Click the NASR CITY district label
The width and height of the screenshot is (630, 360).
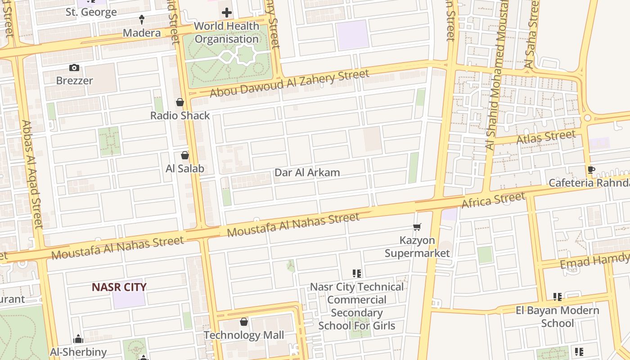tap(119, 287)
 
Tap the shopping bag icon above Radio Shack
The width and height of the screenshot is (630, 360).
tap(180, 103)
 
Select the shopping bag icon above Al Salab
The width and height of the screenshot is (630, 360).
tap(184, 156)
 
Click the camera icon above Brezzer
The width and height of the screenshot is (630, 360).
tap(74, 68)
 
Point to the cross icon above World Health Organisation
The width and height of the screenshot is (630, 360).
tap(227, 13)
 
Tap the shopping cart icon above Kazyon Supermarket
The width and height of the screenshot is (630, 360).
tap(417, 227)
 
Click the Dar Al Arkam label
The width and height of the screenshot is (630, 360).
tap(307, 172)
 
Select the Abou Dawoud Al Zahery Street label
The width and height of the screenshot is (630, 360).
tap(289, 83)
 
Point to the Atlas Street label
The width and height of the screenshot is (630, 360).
tap(546, 137)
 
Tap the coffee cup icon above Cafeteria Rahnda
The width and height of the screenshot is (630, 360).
tap(591, 170)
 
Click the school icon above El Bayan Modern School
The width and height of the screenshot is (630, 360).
tap(558, 297)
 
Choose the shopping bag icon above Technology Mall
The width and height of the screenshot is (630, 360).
tap(243, 322)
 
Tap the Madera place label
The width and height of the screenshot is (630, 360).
tap(142, 33)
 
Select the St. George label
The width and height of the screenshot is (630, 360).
tap(91, 12)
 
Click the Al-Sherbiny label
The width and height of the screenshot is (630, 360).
tap(78, 352)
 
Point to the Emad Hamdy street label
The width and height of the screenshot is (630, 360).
tap(594, 261)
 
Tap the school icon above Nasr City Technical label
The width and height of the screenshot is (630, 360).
tap(357, 273)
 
